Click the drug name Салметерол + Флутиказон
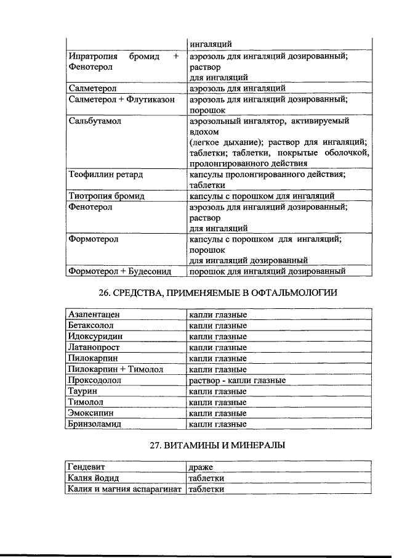pos(121,99)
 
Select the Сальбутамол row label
pos(95,121)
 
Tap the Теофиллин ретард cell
pos(105,174)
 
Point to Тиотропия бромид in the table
pos(106,196)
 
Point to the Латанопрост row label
pos(95,348)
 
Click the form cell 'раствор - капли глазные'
pos(237,380)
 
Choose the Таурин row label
pos(83,391)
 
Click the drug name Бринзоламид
pos(95,424)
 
